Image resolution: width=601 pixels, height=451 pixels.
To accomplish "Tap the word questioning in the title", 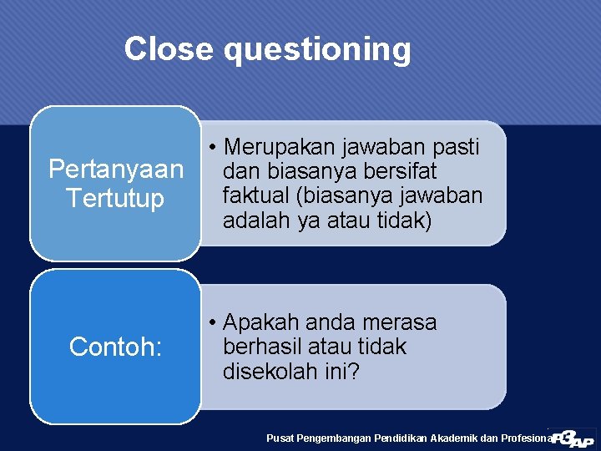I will [317, 50].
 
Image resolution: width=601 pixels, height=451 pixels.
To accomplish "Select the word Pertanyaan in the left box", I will [116, 170].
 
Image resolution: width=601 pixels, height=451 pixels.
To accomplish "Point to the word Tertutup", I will [116, 200].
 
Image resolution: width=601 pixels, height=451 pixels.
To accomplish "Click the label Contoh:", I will [115, 347].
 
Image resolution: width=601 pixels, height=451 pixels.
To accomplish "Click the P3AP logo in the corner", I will [573, 438].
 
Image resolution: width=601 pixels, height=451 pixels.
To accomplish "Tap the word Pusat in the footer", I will [280, 438].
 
